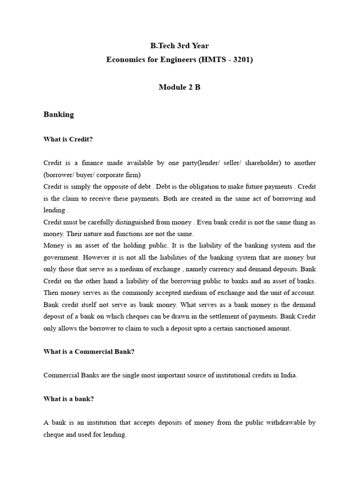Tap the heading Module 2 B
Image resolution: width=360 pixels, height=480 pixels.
pyautogui.click(x=180, y=87)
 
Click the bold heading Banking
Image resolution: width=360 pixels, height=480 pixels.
pyautogui.click(x=59, y=114)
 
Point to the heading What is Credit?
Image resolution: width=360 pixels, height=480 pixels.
pyautogui.click(x=68, y=139)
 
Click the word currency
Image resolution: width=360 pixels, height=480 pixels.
pyautogui.click(x=217, y=269)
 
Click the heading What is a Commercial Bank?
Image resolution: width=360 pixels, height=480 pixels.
pyautogui.click(x=89, y=352)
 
